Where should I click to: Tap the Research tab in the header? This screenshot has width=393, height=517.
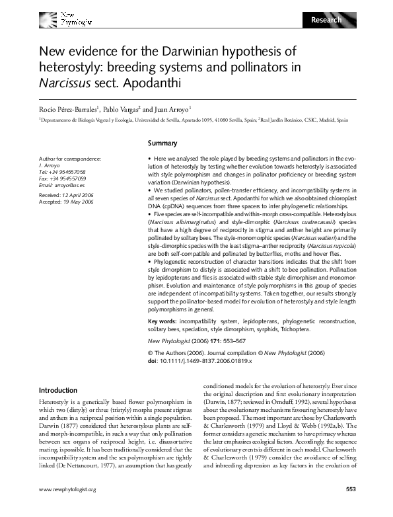326,20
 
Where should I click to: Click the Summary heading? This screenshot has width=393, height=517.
162,143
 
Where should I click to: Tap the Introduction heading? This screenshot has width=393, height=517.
58,390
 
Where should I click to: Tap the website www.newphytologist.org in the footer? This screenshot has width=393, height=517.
68,508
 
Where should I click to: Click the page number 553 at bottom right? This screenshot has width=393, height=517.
351,508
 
